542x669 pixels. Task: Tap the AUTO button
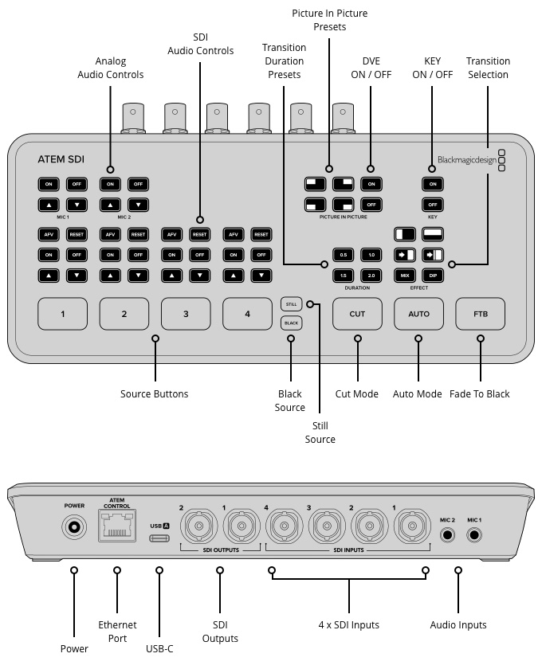[x=418, y=314]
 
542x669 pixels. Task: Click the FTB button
[x=481, y=314]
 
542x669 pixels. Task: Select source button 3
[x=186, y=314]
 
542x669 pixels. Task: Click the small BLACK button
[x=292, y=323]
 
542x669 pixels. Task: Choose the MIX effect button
[x=406, y=274]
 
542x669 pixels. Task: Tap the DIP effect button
[x=433, y=274]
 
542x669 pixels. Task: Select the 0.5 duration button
[x=344, y=255]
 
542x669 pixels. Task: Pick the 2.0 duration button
[x=371, y=274]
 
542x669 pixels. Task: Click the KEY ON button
[x=433, y=184]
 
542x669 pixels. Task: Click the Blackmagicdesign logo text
[x=466, y=159]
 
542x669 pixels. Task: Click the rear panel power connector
[x=75, y=527]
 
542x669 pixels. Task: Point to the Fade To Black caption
[x=479, y=394]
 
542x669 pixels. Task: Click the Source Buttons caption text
[x=155, y=394]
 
